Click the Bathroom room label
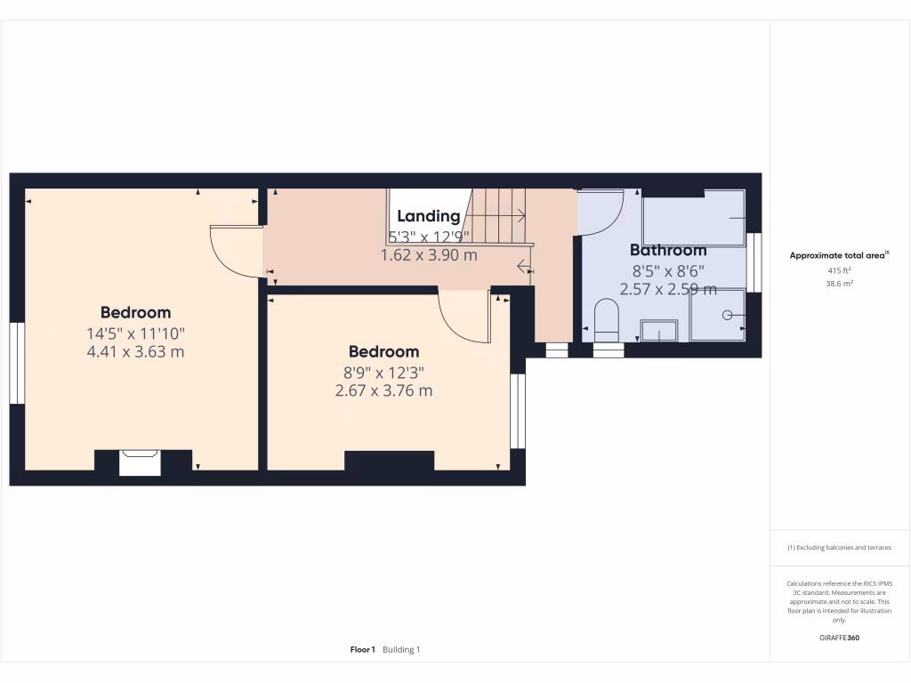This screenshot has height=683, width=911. click(668, 250)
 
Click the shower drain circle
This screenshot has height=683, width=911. click(727, 315)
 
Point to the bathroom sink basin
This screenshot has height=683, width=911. click(659, 330)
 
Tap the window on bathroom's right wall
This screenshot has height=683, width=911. click(754, 262)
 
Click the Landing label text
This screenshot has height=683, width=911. click(429, 216)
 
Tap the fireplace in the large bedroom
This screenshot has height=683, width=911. click(140, 462)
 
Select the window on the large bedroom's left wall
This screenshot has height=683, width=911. click(16, 363)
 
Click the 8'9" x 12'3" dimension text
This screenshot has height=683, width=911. click(383, 372)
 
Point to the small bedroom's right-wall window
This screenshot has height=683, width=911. click(517, 411)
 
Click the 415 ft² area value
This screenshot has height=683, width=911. click(839, 269)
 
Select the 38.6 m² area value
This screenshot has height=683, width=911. click(839, 284)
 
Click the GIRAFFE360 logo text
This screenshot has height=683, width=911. click(839, 638)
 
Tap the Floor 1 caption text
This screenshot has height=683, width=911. click(363, 650)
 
